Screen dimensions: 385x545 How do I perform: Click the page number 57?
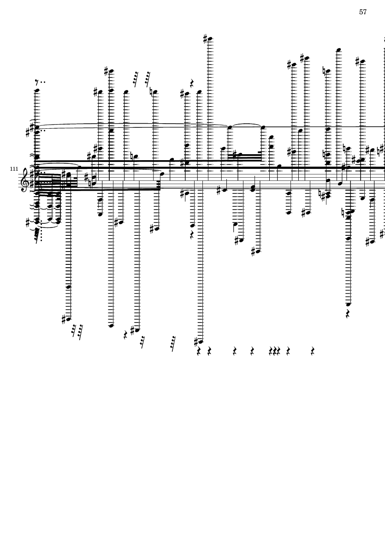coord(363,12)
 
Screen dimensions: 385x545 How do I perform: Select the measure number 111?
coord(14,168)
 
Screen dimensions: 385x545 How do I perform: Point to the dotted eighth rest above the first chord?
coord(40,83)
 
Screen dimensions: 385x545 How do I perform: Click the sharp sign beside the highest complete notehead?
coord(205,38)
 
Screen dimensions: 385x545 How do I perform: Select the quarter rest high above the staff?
coord(192,83)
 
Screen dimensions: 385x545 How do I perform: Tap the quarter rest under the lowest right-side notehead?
coord(348,314)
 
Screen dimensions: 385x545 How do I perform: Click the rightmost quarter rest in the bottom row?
coord(313,351)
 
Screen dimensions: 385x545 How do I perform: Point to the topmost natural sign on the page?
coord(324,71)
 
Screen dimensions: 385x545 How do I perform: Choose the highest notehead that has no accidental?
coord(339,50)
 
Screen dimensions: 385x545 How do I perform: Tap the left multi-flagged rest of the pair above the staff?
coord(136,79)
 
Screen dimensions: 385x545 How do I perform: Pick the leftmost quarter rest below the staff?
coord(126,335)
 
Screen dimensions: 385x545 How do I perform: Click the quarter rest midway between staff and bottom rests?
coord(192,235)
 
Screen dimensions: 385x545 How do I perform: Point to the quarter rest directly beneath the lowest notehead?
coord(199,351)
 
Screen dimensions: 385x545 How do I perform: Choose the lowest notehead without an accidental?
coord(111,326)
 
